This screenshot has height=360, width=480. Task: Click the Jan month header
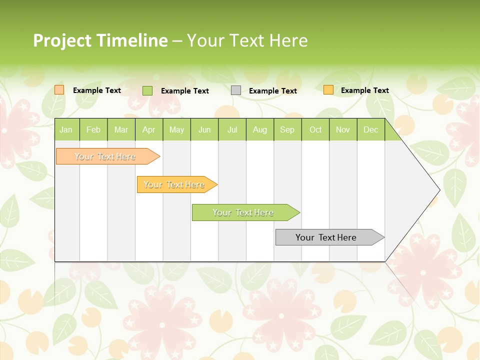pyautogui.click(x=66, y=130)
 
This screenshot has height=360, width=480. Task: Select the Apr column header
pyautogui.click(x=148, y=130)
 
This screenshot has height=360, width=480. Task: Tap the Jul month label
pyautogui.click(x=232, y=130)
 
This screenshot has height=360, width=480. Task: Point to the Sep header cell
pyautogui.click(x=287, y=130)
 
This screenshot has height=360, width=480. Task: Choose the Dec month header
pyautogui.click(x=370, y=130)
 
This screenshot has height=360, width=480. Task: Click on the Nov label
pyautogui.click(x=342, y=130)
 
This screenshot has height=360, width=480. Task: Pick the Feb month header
pyautogui.click(x=93, y=130)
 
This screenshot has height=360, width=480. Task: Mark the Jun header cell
pyautogui.click(x=204, y=130)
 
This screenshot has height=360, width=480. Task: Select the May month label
pyautogui.click(x=176, y=130)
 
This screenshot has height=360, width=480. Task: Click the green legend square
pyautogui.click(x=147, y=90)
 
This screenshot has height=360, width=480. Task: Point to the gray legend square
pyautogui.click(x=236, y=90)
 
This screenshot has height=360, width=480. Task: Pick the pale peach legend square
pyautogui.click(x=59, y=90)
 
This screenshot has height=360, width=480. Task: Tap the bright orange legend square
pyautogui.click(x=328, y=90)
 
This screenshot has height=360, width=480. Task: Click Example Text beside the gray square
pyautogui.click(x=272, y=91)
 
